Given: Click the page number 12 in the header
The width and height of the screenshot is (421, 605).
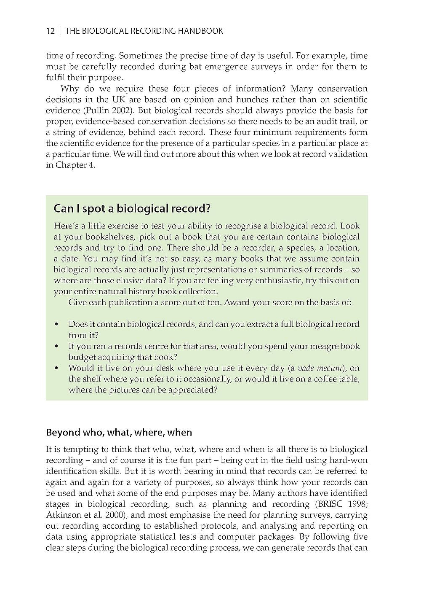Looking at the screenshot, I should tap(51, 31).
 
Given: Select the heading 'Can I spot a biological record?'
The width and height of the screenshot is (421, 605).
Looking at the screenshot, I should tap(132, 209).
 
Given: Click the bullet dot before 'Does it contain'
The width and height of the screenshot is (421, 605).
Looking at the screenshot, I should tap(56, 325).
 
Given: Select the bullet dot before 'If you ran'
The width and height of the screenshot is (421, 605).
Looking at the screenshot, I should tap(56, 347).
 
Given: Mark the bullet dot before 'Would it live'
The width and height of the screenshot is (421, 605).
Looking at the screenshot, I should tap(56, 368).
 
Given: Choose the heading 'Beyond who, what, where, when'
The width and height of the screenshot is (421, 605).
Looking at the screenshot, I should tap(119, 433).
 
